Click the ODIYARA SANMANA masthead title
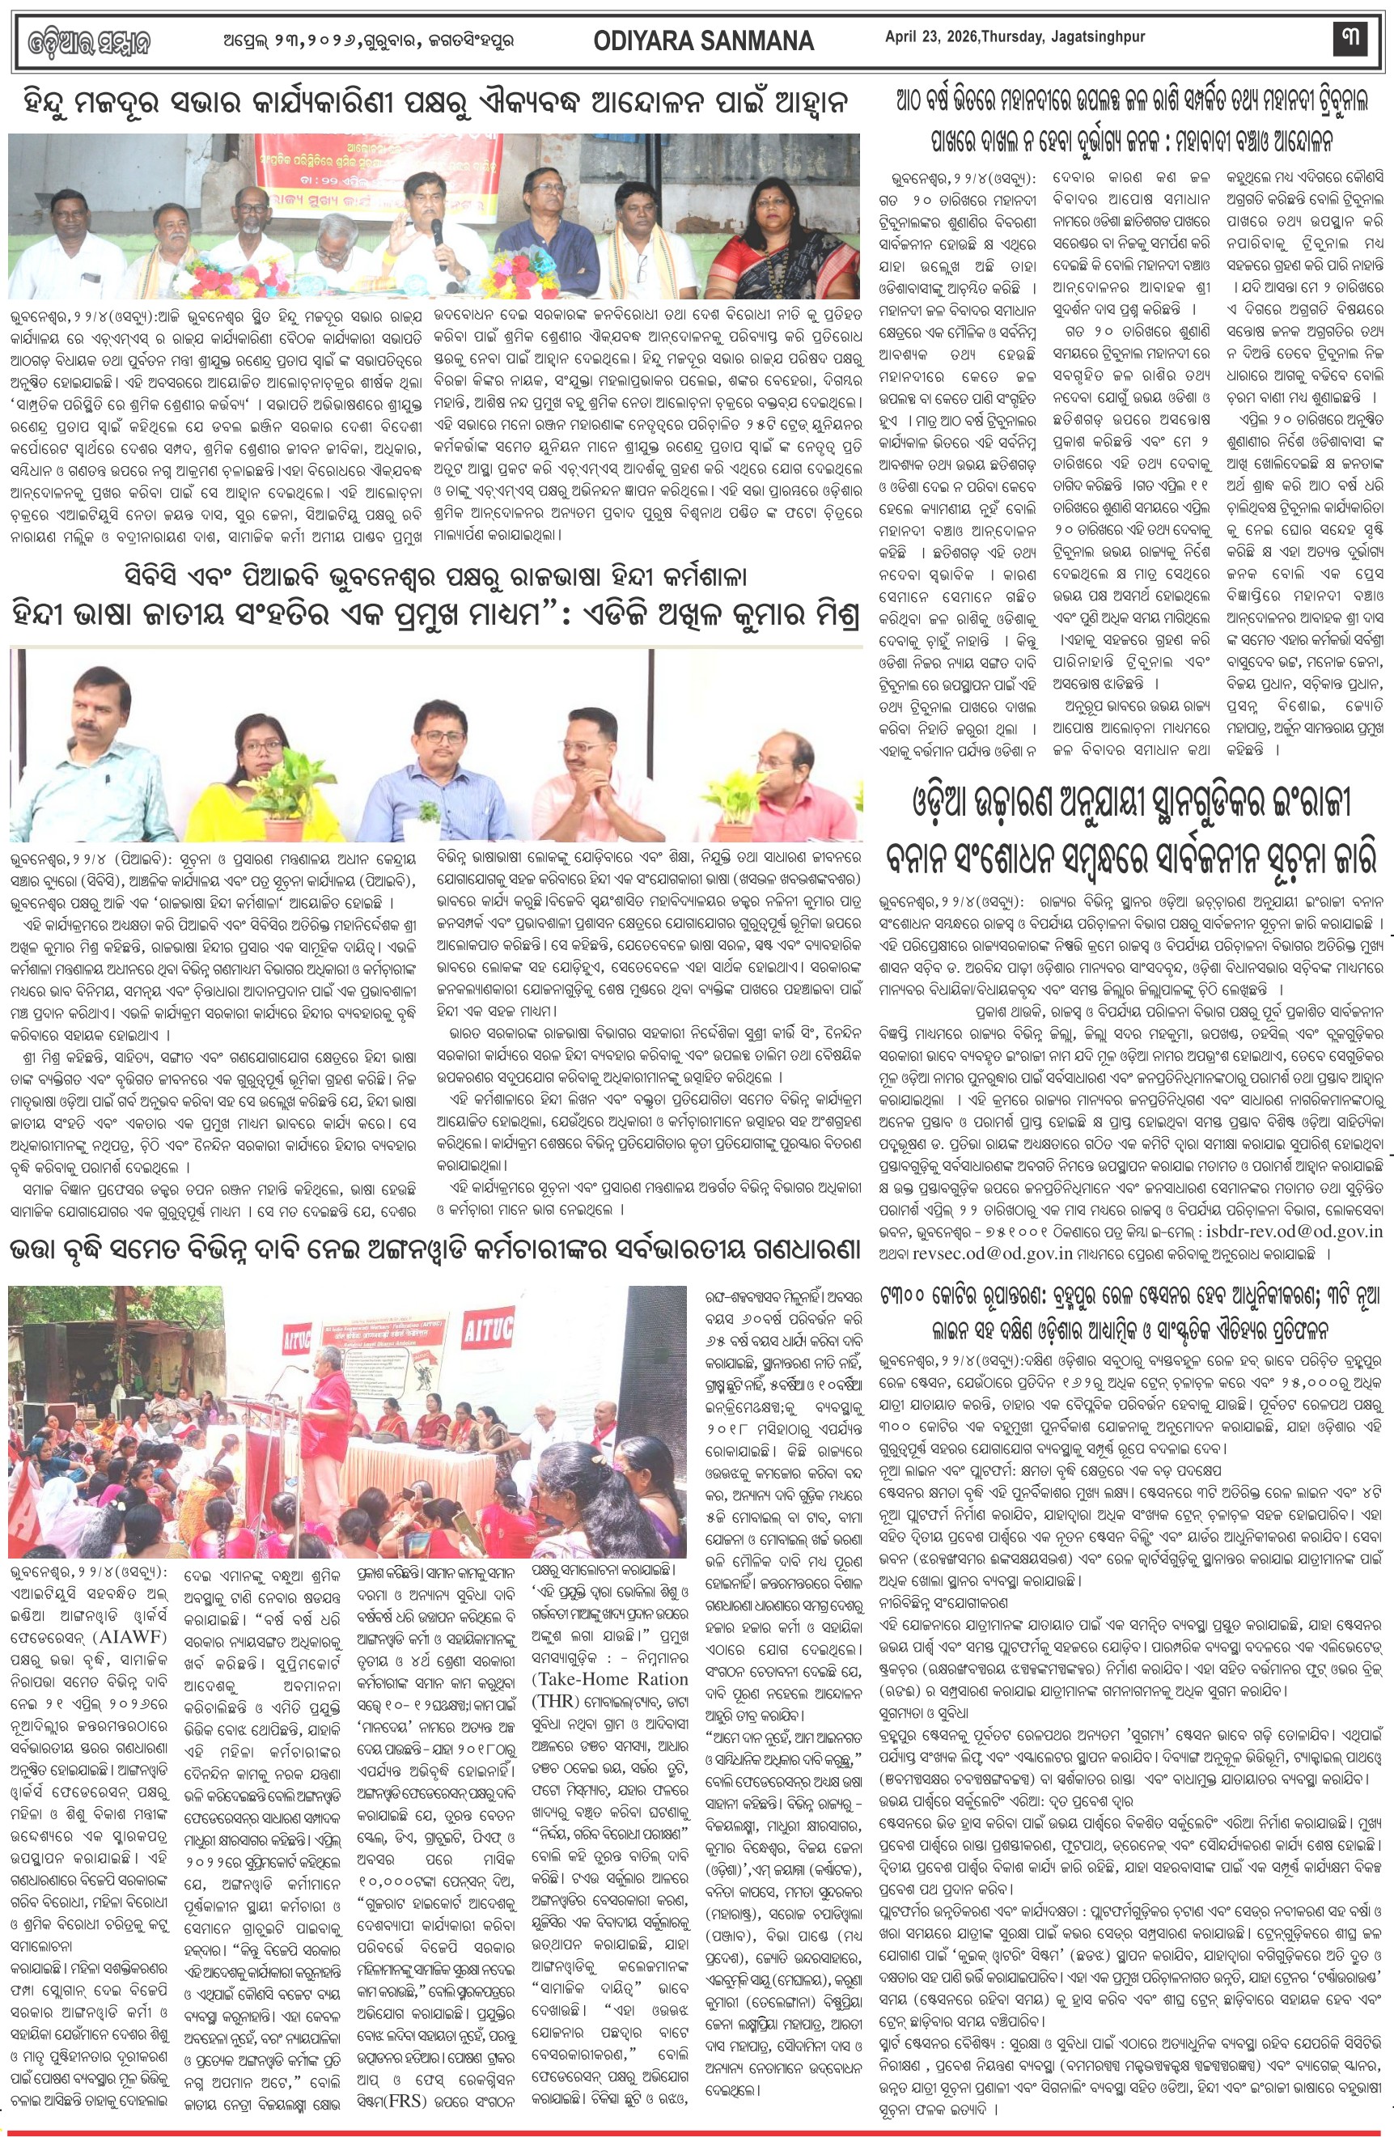click(x=704, y=40)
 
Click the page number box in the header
click(x=1351, y=39)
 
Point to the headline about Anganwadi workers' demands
click(x=434, y=1251)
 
